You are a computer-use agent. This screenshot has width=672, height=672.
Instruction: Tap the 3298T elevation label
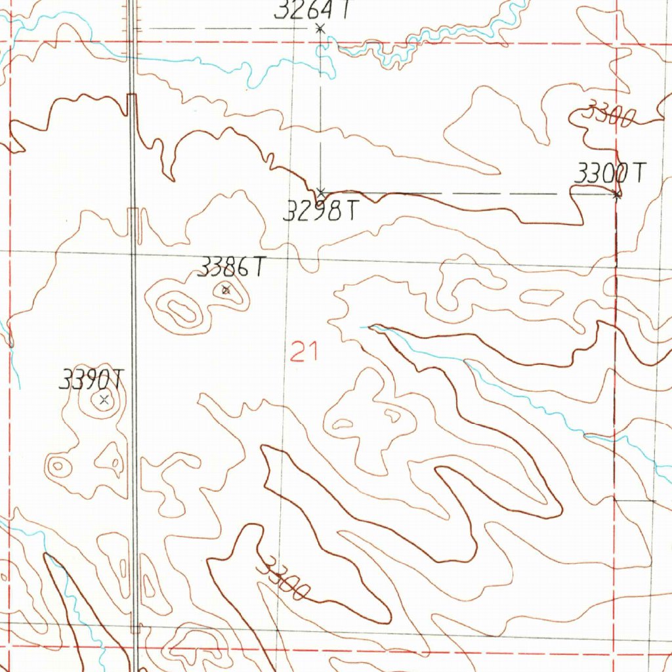click(322, 211)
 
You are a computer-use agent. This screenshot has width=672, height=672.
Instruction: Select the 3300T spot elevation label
click(610, 174)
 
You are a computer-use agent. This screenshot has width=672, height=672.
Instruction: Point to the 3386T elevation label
click(232, 268)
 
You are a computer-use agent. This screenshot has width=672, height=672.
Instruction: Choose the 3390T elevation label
click(91, 379)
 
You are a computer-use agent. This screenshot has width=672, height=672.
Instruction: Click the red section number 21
click(304, 354)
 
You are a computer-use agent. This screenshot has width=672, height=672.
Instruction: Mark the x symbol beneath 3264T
click(320, 28)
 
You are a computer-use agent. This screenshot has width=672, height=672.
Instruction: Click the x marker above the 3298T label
click(321, 193)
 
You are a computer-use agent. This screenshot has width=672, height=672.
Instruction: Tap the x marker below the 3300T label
click(616, 194)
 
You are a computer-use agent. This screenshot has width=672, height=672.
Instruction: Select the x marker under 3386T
click(226, 289)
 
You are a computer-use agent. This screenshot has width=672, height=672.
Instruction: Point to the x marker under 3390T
click(103, 398)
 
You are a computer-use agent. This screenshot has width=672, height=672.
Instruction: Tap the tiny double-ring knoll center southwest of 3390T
click(58, 467)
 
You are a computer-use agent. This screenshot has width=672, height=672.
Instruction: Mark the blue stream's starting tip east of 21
click(362, 326)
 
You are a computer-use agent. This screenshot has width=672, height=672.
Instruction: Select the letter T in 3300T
click(639, 173)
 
